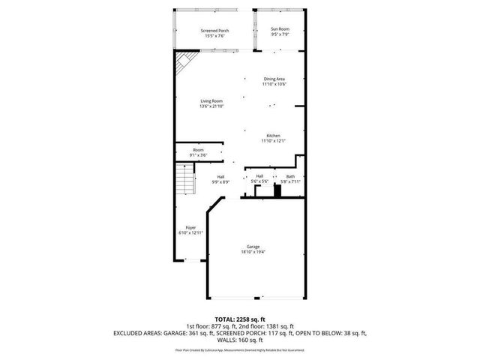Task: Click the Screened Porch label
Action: pyautogui.click(x=214, y=30)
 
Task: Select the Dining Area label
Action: pyautogui.click(x=274, y=79)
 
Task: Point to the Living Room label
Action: pyautogui.click(x=211, y=101)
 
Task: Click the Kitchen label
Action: pyautogui.click(x=272, y=136)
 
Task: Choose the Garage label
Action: pyautogui.click(x=253, y=247)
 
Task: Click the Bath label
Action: pyautogui.click(x=290, y=177)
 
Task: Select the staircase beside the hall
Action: pyautogui.click(x=183, y=180)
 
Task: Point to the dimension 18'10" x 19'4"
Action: pyautogui.click(x=253, y=252)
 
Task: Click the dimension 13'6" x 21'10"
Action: pyautogui.click(x=211, y=106)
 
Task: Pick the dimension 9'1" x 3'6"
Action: pyautogui.click(x=198, y=155)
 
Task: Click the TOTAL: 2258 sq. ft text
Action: pyautogui.click(x=240, y=319)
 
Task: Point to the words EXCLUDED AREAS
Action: pyautogui.click(x=139, y=331)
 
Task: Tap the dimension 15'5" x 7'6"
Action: pyautogui.click(x=214, y=35)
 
